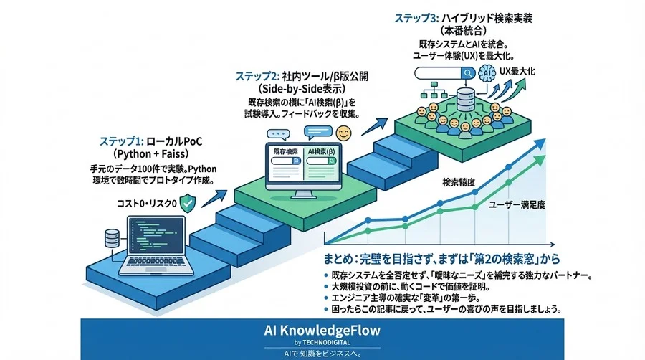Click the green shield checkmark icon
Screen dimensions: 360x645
(188, 203)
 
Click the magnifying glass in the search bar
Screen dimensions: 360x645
(468, 72)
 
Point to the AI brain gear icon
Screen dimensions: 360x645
(488, 73)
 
